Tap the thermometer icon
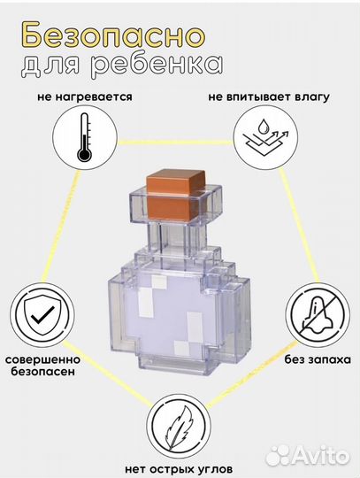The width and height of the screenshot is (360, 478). [x=84, y=140]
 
